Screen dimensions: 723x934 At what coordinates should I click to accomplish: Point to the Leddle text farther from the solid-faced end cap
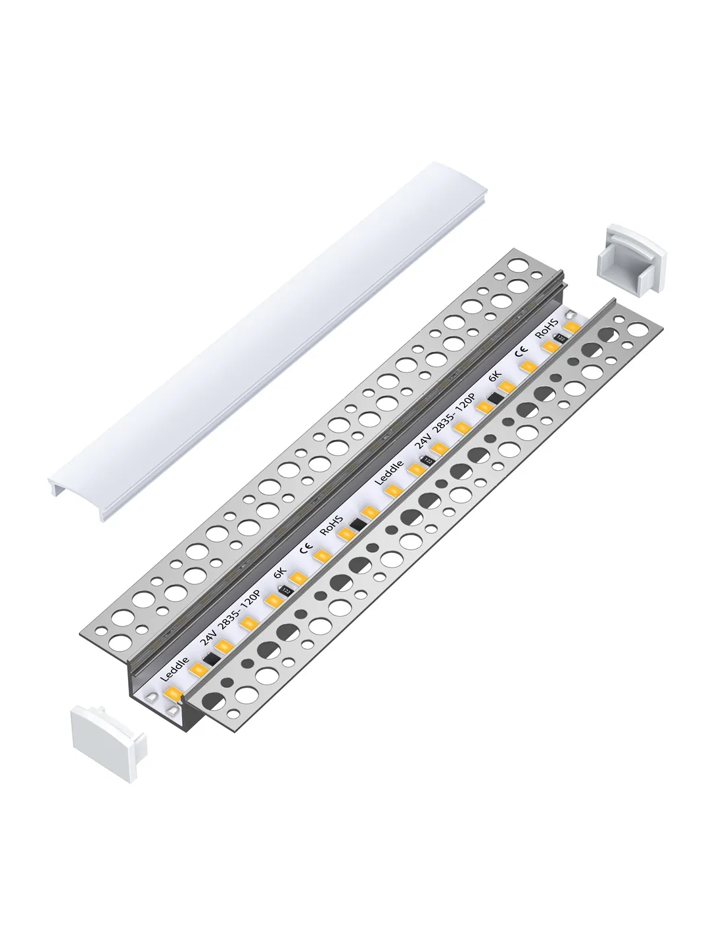(x=389, y=473)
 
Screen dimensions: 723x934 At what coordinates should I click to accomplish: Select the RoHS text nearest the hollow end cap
(x=547, y=328)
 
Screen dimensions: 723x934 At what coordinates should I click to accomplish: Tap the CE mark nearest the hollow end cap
(x=522, y=353)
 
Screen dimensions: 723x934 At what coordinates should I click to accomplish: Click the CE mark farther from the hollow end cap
(x=306, y=549)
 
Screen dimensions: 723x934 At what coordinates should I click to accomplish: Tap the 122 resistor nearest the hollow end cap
(x=561, y=338)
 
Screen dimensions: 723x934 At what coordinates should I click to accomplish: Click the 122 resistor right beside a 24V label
(x=427, y=460)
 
